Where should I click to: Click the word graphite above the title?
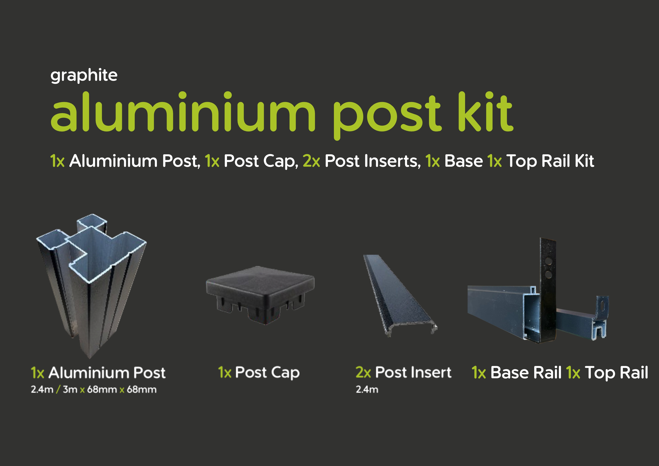pyautogui.click(x=84, y=75)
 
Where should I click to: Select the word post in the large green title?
pyautogui.click(x=386, y=115)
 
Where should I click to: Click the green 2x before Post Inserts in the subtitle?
pyautogui.click(x=311, y=161)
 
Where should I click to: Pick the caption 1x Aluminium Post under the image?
pyautogui.click(x=98, y=373)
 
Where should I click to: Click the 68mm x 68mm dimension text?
pyautogui.click(x=122, y=390)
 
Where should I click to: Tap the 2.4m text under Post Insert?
pyautogui.click(x=367, y=390)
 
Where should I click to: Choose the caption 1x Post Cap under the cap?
pyautogui.click(x=259, y=372)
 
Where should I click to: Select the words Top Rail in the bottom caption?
pyautogui.click(x=616, y=373)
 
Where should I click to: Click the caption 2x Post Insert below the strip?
pyautogui.click(x=403, y=372)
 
